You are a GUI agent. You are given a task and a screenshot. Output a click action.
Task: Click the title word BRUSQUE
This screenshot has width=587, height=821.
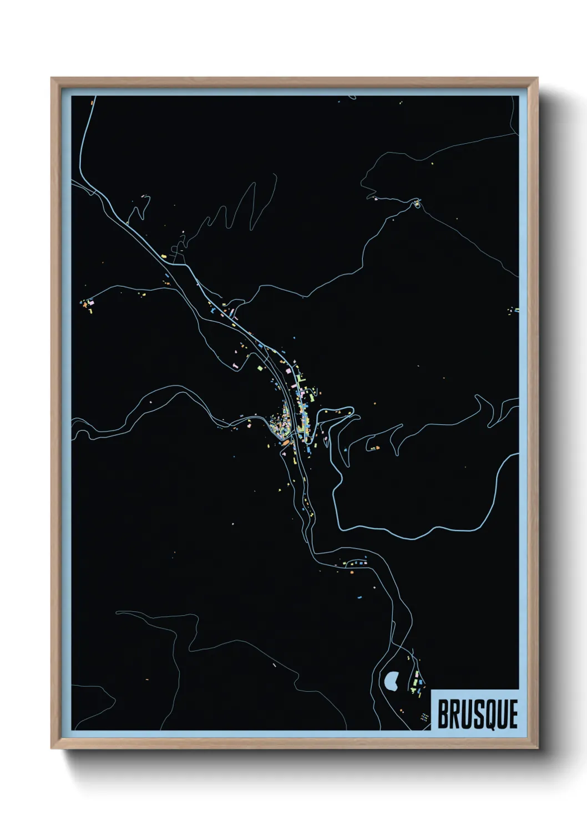coord(478,714)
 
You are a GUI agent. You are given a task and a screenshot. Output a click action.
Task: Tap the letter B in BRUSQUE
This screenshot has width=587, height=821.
coord(444,714)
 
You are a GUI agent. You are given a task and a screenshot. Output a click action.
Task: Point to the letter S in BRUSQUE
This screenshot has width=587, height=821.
coord(476,714)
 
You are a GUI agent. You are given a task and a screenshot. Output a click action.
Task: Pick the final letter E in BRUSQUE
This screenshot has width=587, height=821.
coord(513,714)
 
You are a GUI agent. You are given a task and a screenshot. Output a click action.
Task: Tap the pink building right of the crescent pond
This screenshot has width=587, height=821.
coord(420,682)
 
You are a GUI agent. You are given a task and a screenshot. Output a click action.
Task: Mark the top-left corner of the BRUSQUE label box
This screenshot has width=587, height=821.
coord(432,690)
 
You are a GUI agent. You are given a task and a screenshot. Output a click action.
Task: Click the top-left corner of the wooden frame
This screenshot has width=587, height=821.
coord(52,78)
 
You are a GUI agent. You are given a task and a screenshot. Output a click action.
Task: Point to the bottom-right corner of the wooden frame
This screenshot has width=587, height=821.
coord(537,748)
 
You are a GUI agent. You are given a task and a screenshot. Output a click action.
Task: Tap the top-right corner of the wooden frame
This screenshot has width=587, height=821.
coord(537,78)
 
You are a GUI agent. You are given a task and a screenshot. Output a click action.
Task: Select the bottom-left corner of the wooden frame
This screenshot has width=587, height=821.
coord(52,748)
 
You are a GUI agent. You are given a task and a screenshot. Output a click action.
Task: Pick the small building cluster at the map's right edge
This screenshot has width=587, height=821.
coord(514,310)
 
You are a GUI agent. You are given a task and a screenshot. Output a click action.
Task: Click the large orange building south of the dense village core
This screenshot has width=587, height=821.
coord(285,443)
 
